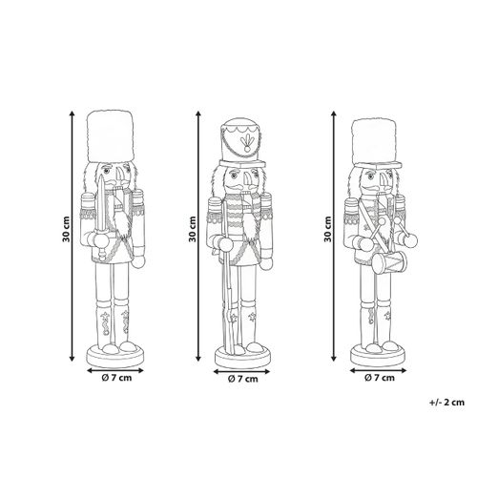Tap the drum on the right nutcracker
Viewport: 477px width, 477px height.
[389, 262]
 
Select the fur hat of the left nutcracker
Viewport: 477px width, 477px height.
[110, 135]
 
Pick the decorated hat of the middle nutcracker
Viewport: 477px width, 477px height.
[242, 142]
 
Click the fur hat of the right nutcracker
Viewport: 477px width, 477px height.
[376, 142]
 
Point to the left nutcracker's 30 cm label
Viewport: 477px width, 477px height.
[66, 229]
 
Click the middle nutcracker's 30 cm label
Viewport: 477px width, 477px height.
[192, 229]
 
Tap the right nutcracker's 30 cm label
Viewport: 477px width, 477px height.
[327, 229]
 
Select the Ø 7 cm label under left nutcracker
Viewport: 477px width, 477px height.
[116, 378]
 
